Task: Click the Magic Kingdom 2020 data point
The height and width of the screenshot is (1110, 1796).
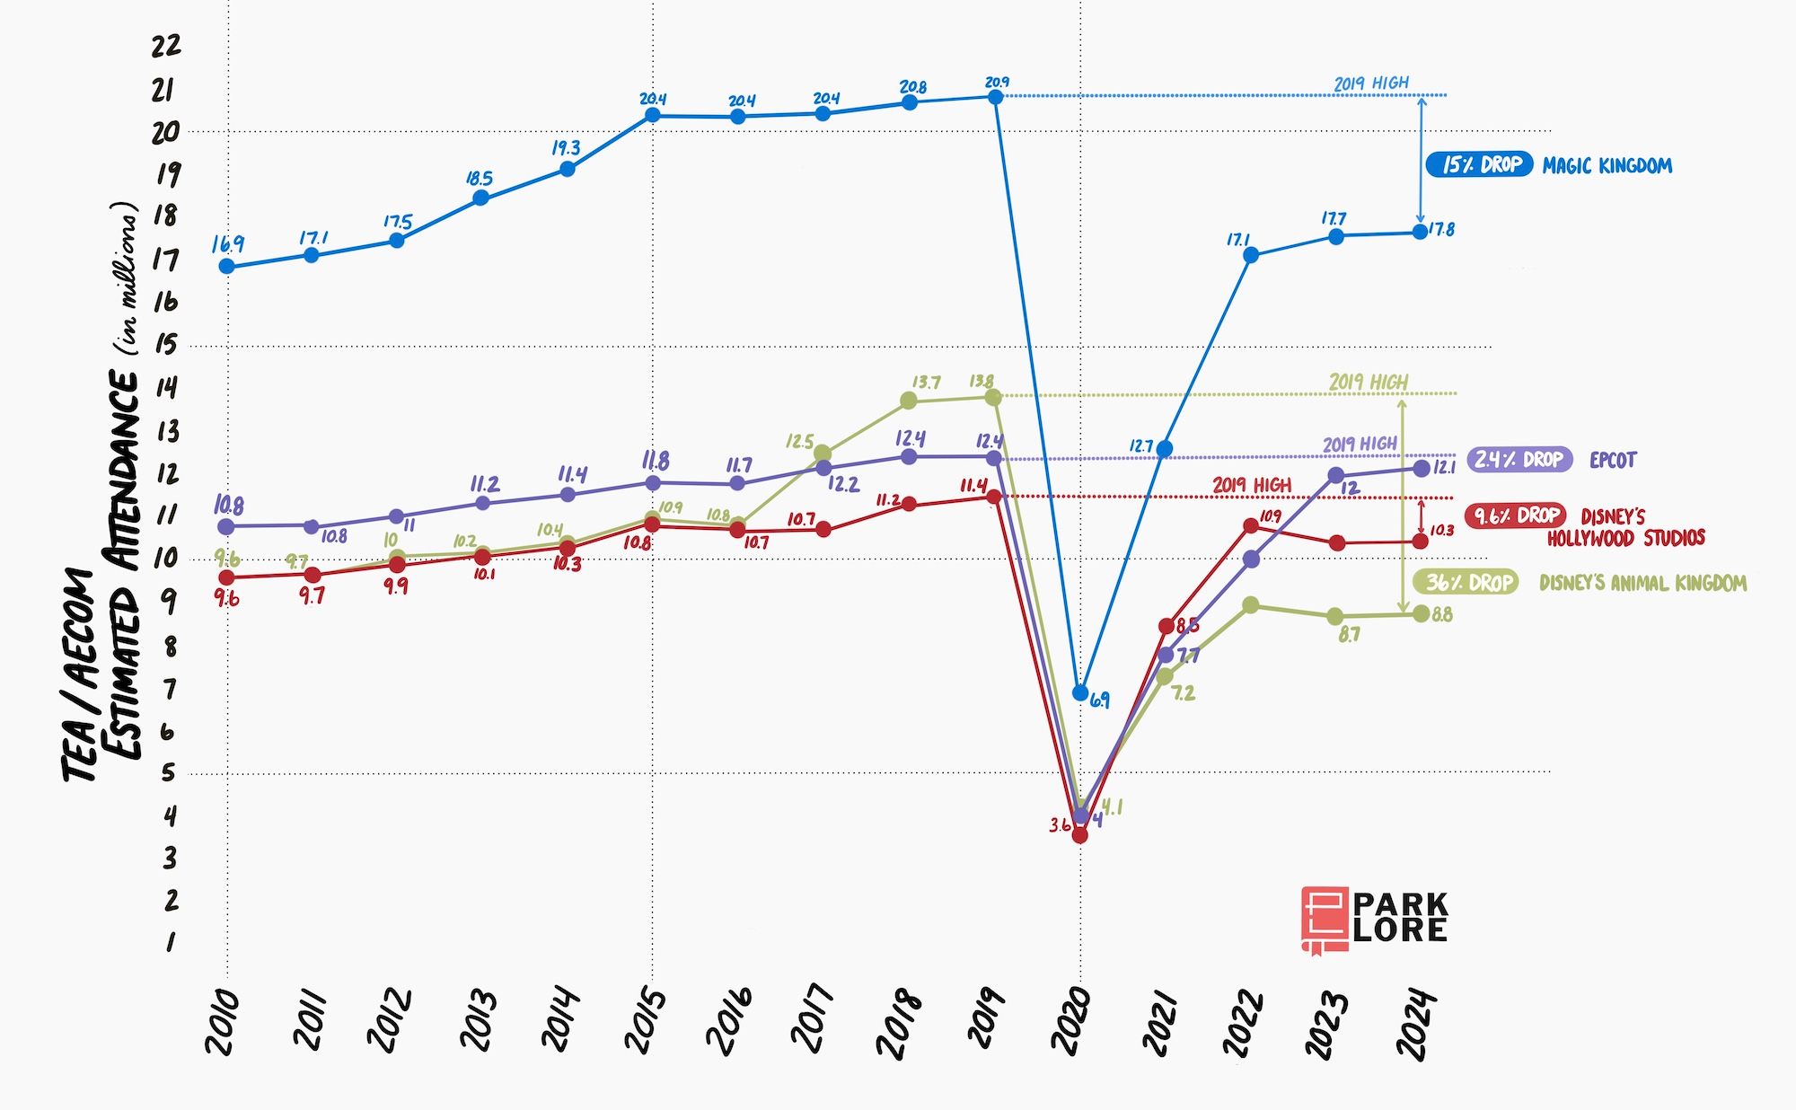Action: click(x=1080, y=692)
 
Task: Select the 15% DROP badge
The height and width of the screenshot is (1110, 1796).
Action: click(x=1479, y=164)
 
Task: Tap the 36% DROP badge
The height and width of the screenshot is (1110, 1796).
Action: click(x=1466, y=582)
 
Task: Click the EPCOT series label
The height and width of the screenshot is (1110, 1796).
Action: click(x=1613, y=460)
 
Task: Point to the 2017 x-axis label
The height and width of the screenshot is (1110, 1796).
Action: click(x=814, y=1019)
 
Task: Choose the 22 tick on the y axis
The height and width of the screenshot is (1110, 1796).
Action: click(x=166, y=45)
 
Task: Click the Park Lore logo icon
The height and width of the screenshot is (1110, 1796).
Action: click(x=1325, y=919)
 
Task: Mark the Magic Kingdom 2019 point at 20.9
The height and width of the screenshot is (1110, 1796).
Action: click(x=995, y=96)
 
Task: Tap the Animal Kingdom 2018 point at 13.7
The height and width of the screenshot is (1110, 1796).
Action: click(x=909, y=400)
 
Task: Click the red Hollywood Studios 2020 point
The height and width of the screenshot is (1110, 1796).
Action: click(x=1080, y=835)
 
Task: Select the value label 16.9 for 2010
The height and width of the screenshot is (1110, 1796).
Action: click(x=228, y=244)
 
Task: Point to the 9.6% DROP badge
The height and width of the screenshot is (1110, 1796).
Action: click(x=1515, y=515)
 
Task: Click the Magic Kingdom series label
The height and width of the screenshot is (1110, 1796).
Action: click(x=1607, y=165)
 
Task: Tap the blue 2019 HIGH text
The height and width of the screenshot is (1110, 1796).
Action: click(x=1370, y=84)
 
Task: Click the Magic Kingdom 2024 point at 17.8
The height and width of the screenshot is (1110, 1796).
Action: click(x=1420, y=232)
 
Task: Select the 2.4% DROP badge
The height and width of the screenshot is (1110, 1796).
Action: click(x=1519, y=459)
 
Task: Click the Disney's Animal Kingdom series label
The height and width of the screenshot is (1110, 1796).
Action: click(x=1642, y=583)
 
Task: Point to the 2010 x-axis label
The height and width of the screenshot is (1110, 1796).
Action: click(x=222, y=1022)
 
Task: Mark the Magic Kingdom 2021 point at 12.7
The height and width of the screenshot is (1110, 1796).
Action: click(x=1165, y=449)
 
